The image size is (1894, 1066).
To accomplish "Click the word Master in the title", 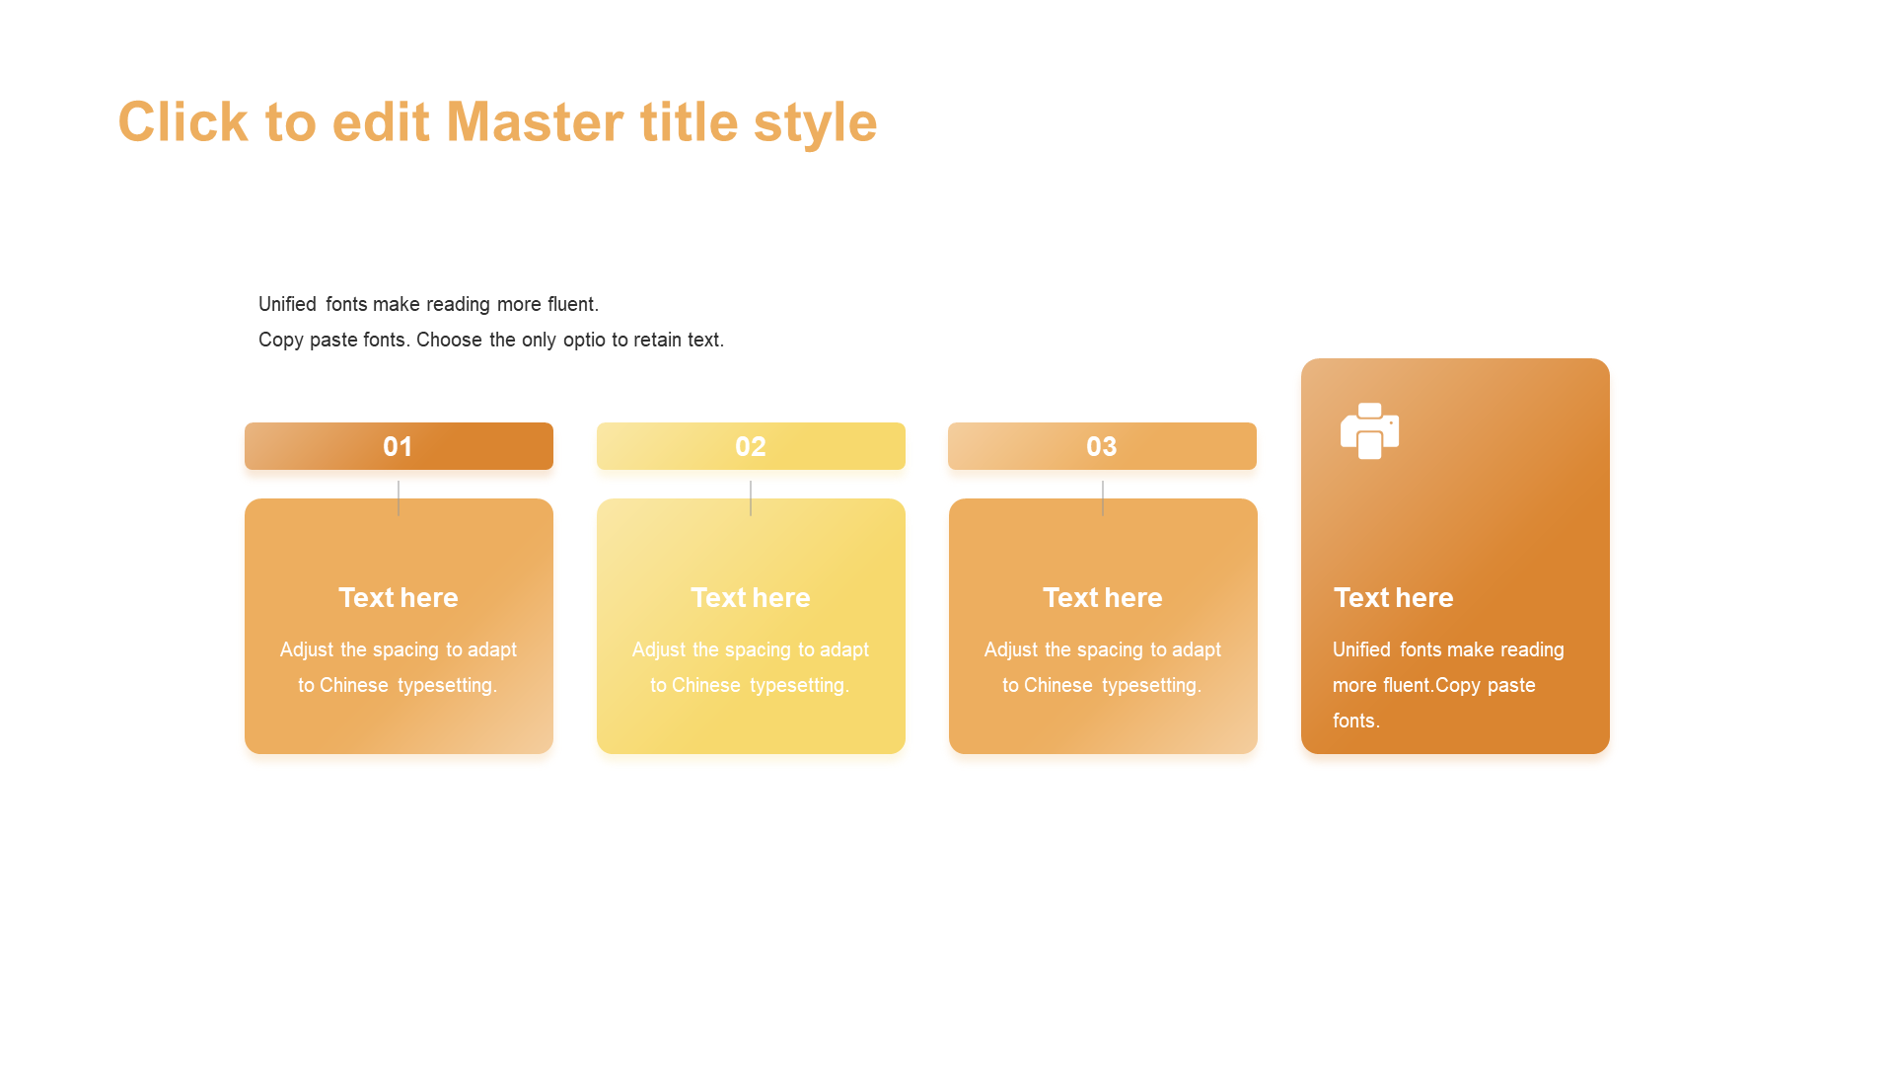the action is [535, 121].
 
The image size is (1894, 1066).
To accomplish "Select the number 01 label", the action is [398, 446].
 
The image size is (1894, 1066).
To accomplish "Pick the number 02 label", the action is [750, 446].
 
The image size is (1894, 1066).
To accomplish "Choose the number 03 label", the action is [1102, 446].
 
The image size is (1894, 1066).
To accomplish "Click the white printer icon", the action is [1369, 430].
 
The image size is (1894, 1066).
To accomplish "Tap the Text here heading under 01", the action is [399, 597].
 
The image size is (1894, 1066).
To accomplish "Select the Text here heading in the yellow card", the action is [751, 597].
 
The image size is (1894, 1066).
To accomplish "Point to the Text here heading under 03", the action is [1103, 597].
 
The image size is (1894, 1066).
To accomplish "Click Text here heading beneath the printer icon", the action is [1393, 597].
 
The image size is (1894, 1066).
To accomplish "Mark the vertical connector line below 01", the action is [399, 497].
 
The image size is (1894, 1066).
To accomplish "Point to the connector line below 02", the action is [751, 497].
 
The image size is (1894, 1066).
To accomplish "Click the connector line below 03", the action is [1103, 497].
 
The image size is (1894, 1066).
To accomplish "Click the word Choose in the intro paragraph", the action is [449, 340].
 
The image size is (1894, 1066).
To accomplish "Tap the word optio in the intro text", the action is [584, 341].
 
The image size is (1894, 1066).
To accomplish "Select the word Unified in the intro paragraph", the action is [287, 304].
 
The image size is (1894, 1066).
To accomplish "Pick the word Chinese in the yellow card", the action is [705, 685].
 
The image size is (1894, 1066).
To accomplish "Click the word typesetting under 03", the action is [1151, 686].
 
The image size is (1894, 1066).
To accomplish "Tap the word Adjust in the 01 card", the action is [305, 650].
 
